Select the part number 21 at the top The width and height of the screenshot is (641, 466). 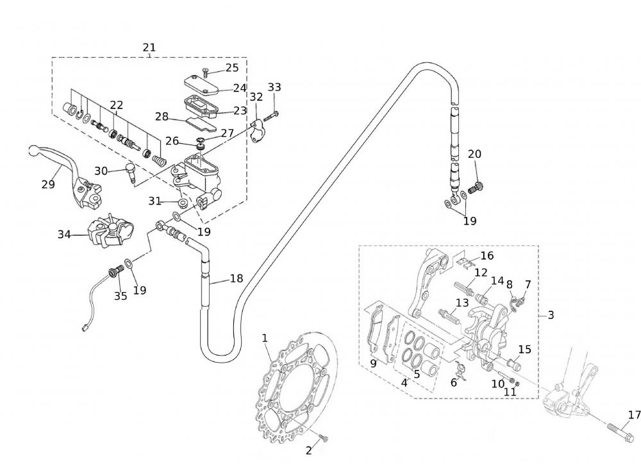(x=149, y=47)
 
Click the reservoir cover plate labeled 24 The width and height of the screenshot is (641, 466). (x=200, y=85)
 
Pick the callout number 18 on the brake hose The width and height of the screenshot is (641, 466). (x=237, y=279)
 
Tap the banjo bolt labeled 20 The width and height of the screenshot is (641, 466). (x=475, y=188)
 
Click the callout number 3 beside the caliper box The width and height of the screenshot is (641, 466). (x=551, y=315)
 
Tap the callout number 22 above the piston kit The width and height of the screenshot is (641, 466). (x=116, y=105)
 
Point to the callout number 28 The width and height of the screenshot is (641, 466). (x=162, y=117)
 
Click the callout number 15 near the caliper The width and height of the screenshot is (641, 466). (x=525, y=350)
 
